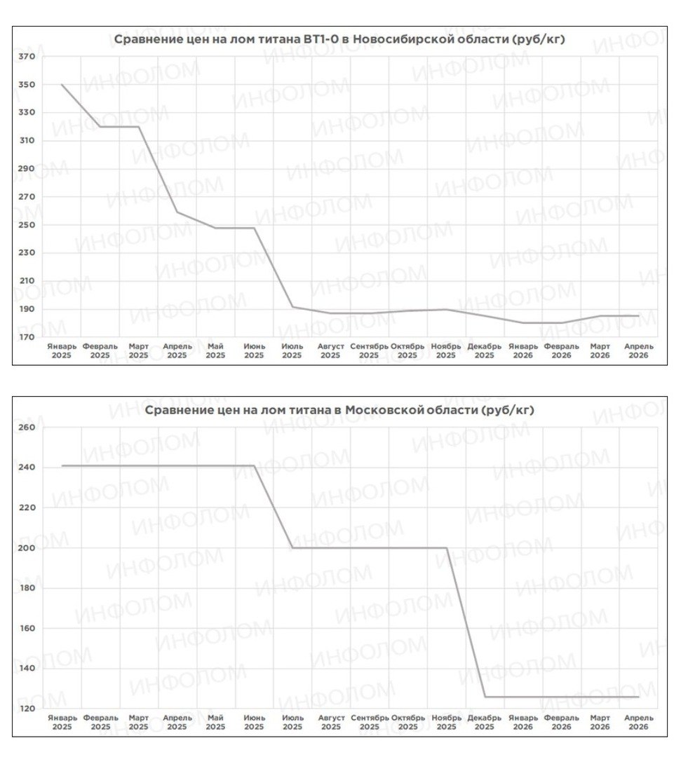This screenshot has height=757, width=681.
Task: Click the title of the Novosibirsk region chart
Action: pyautogui.click(x=339, y=39)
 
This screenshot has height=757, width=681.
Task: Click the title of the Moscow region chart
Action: pyautogui.click(x=339, y=410)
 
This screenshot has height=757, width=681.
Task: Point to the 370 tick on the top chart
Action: pyautogui.click(x=27, y=57)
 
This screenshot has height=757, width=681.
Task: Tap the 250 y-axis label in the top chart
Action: pyautogui.click(x=27, y=225)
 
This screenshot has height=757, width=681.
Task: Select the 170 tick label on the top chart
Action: pyautogui.click(x=27, y=337)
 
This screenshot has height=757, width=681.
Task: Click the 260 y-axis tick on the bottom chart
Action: pyautogui.click(x=27, y=428)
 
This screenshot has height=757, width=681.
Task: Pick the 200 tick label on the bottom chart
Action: pyautogui.click(x=27, y=547)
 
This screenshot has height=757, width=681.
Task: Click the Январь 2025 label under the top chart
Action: pyautogui.click(x=62, y=350)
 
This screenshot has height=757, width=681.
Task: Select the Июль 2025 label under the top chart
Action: pyautogui.click(x=292, y=350)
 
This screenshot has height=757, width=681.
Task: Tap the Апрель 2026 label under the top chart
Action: pyautogui.click(x=639, y=350)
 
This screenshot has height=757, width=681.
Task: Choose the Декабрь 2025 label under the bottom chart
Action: pyautogui.click(x=485, y=722)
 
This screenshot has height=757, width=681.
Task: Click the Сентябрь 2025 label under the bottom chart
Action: pyautogui.click(x=369, y=722)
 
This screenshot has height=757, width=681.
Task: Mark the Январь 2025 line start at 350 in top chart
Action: pyautogui.click(x=62, y=85)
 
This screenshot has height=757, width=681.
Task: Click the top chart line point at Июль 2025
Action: pyautogui.click(x=292, y=307)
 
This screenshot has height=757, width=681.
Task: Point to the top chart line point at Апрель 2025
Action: pyautogui.click(x=177, y=212)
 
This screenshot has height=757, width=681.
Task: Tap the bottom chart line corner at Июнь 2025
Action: pyautogui.click(x=254, y=465)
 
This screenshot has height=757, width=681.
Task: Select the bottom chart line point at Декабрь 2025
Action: pyautogui.click(x=485, y=697)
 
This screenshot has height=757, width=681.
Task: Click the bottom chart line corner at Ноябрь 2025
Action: pyautogui.click(x=446, y=547)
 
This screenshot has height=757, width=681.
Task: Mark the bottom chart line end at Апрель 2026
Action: pyautogui.click(x=639, y=697)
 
